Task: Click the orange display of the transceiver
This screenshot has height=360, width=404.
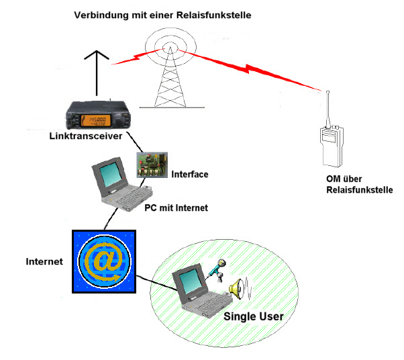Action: (x=95, y=120)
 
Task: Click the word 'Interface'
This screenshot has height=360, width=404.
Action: (x=190, y=175)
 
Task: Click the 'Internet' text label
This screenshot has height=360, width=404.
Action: (x=44, y=261)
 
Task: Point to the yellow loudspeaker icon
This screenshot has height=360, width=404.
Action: (x=236, y=289)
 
